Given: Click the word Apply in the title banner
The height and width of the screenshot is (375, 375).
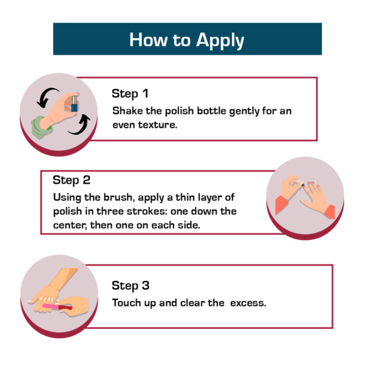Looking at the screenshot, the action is pyautogui.click(x=220, y=40).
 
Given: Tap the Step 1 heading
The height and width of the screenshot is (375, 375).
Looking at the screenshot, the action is pyautogui.click(x=130, y=93).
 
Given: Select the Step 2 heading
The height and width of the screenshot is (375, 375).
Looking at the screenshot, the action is pyautogui.click(x=72, y=180).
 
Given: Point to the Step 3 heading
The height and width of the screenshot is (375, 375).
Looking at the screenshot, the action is pyautogui.click(x=130, y=285).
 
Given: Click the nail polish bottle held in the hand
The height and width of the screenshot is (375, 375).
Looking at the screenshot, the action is pyautogui.click(x=75, y=104).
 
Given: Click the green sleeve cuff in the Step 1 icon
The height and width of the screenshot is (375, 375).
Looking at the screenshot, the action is pyautogui.click(x=41, y=127).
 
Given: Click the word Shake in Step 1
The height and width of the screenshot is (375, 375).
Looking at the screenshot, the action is pyautogui.click(x=127, y=111).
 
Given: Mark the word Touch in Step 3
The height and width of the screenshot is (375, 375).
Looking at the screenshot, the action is pyautogui.click(x=126, y=303).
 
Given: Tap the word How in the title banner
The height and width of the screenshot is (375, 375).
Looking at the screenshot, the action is pyautogui.click(x=148, y=40).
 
